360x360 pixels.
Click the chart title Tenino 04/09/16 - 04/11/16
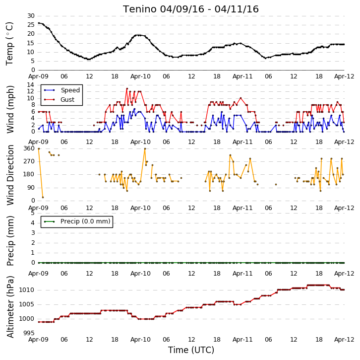pos(191,9)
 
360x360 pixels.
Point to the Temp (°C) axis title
pos(9,44)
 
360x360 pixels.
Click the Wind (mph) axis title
pos(10,109)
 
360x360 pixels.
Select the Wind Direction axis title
pos(10,175)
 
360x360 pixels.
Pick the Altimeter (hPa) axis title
pos(10,307)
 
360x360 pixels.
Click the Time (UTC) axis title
pos(191,350)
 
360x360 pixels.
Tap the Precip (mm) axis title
pos(10,241)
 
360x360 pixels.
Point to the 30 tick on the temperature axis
pos(31,16)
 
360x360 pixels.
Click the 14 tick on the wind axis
pos(31,85)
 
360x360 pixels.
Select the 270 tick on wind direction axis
pos(29,161)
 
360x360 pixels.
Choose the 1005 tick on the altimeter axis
pos(27,304)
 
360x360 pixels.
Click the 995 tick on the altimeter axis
pos(29,333)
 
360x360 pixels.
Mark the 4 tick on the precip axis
pos(33,223)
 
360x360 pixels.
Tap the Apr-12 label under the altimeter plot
pos(344,340)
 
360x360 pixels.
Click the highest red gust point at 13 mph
pos(127,88)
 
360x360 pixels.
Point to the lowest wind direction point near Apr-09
pos(43,197)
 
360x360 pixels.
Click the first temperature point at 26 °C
pos(39,23)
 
